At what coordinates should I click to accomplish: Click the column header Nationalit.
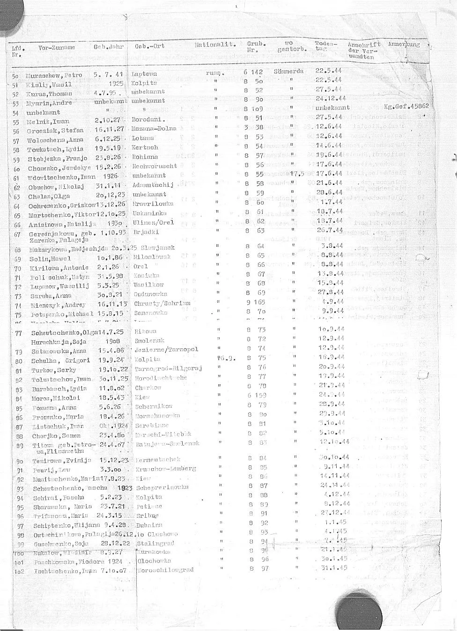(214, 45)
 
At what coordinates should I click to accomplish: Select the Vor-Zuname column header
(56, 48)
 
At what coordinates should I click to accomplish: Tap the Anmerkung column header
(404, 45)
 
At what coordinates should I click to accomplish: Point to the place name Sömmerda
(288, 72)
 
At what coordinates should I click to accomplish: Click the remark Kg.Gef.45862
(406, 106)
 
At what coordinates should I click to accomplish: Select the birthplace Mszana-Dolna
(154, 129)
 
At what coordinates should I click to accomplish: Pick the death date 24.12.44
(331, 99)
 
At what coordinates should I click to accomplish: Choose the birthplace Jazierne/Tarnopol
(166, 350)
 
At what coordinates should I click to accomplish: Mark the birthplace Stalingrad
(155, 543)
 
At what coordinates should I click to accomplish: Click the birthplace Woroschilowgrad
(166, 571)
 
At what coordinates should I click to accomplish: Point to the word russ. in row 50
(215, 73)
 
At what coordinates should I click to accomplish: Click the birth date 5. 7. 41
(108, 74)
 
